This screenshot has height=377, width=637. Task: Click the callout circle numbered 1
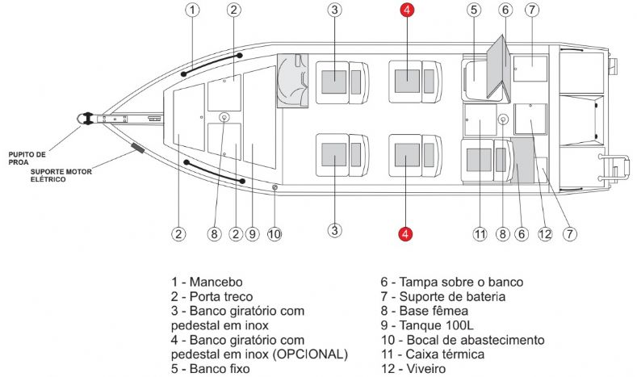(192, 10)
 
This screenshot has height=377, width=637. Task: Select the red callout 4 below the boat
(406, 234)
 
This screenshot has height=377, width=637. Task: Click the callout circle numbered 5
(474, 10)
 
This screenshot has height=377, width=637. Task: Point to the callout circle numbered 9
(253, 234)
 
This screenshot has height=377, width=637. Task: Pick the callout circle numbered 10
(274, 234)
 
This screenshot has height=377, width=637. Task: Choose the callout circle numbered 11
(480, 234)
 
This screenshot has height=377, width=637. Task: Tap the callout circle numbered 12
(545, 234)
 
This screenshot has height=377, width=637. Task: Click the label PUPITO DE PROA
(27, 155)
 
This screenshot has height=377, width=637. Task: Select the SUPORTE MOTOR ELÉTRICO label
(60, 175)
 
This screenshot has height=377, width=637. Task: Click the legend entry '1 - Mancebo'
(207, 283)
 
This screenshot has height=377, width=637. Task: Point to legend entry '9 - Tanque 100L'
(433, 325)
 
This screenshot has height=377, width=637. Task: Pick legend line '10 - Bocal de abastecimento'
(463, 340)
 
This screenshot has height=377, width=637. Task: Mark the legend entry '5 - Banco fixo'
(211, 369)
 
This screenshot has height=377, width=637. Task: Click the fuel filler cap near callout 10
(275, 189)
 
